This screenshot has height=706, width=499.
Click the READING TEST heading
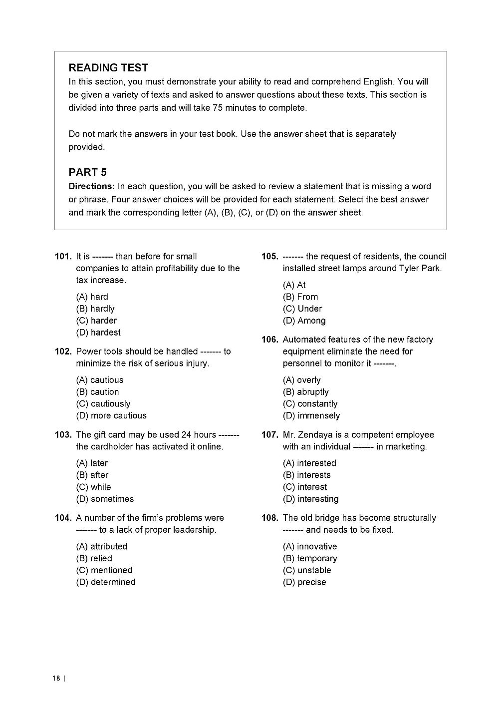[x=108, y=67]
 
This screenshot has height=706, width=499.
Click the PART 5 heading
[x=87, y=172]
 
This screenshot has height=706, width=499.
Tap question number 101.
[x=63, y=257]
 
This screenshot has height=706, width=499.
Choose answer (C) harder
[x=96, y=321]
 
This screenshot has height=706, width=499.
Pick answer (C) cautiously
[x=103, y=404]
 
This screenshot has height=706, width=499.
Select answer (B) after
[x=92, y=475]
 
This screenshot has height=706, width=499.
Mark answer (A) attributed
[x=102, y=547]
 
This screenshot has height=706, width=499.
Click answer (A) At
[x=294, y=285]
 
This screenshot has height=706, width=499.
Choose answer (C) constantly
[x=310, y=404]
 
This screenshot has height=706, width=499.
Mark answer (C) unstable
[x=307, y=571]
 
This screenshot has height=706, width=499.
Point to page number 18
[x=55, y=678]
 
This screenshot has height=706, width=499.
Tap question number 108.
[x=270, y=518]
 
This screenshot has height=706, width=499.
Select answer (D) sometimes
[x=105, y=499]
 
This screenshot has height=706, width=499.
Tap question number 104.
[x=63, y=518]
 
